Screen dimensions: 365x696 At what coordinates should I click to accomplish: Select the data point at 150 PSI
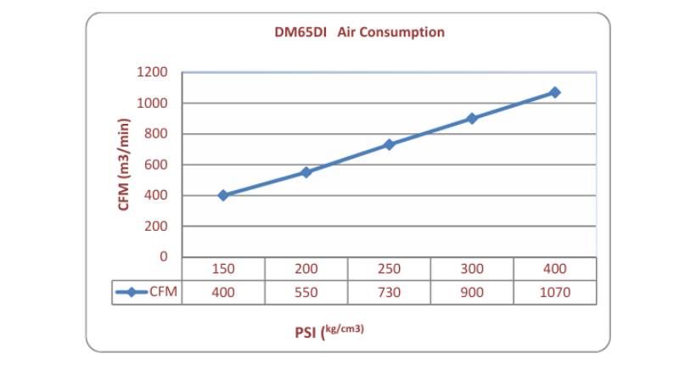click(x=223, y=195)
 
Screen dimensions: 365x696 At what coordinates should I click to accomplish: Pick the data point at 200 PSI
click(x=306, y=172)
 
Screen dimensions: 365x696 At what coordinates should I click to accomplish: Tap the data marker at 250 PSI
click(x=389, y=144)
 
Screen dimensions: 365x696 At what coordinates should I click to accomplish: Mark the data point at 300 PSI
click(x=472, y=118)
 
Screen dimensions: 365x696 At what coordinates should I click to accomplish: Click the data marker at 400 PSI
click(x=554, y=92)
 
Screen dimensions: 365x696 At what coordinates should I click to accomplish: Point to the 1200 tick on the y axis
click(x=152, y=72)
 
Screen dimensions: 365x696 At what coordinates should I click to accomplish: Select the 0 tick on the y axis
click(x=164, y=257)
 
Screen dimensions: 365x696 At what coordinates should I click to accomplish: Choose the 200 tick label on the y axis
click(x=155, y=227)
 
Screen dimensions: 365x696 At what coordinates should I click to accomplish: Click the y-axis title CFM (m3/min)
click(x=124, y=165)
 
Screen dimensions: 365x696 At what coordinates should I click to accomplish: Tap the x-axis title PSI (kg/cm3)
click(x=329, y=330)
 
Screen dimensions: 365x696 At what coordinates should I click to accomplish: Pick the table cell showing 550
click(x=306, y=292)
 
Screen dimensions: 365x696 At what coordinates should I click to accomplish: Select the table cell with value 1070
click(x=554, y=292)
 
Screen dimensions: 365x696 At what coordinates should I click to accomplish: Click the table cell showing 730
click(x=389, y=292)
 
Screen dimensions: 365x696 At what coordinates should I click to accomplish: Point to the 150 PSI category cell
click(x=223, y=269)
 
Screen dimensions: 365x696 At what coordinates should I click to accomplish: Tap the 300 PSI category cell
click(x=472, y=269)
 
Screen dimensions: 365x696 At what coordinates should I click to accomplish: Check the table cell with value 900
click(x=472, y=292)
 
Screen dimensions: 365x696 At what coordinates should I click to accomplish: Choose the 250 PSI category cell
click(x=389, y=269)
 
